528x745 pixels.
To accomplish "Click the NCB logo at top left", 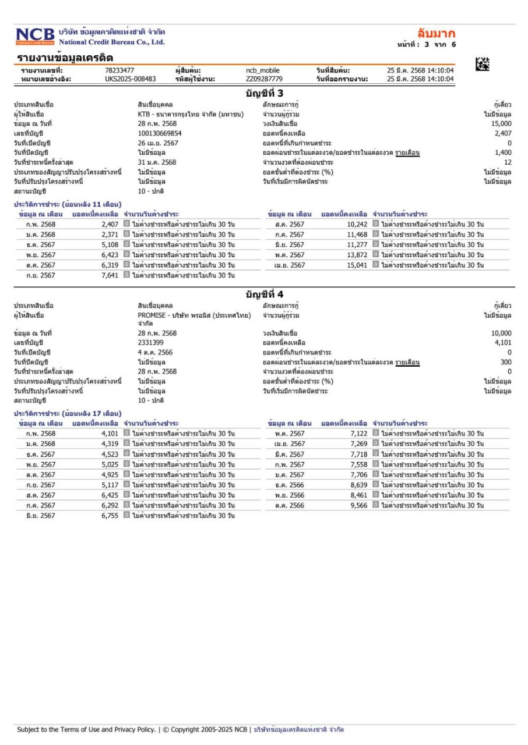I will (36, 36).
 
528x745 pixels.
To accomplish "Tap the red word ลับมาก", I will (437, 33).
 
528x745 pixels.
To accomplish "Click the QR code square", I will (482, 65).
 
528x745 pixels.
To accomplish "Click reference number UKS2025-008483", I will (131, 79).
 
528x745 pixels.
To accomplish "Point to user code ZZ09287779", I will (264, 79).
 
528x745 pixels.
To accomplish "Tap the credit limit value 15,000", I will (501, 124).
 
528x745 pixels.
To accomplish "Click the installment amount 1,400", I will (502, 152).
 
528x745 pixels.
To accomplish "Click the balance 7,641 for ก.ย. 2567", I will (110, 276).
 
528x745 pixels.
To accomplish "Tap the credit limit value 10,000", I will (501, 334).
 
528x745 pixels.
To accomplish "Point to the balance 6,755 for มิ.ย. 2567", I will (110, 516).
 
